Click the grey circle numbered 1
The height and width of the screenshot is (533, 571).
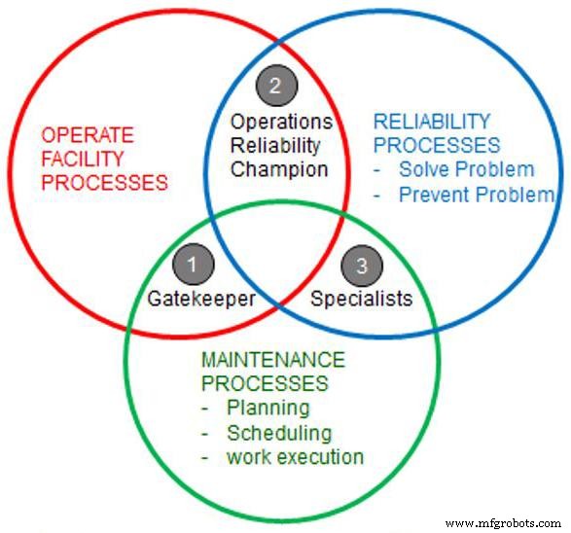[x=193, y=265]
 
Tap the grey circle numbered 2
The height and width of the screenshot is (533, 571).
[x=275, y=86]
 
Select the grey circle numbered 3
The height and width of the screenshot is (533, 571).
[x=362, y=265]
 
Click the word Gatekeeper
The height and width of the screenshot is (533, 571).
[x=201, y=299]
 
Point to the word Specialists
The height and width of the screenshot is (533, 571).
[x=361, y=299]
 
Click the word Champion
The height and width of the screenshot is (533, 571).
[x=279, y=169]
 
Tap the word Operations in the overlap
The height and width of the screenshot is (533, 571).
[x=281, y=123]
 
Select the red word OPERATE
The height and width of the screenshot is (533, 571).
[x=88, y=135]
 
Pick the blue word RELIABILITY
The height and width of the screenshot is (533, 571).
[x=432, y=123]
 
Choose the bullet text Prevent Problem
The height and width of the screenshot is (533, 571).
[x=476, y=194]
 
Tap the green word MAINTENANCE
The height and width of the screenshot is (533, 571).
[x=272, y=361]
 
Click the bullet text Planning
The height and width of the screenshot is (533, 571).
[x=268, y=409]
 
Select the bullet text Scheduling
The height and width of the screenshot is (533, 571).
[x=278, y=433]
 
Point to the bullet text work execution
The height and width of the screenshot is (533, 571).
[x=295, y=456]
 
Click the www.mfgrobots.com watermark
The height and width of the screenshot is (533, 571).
[x=500, y=522]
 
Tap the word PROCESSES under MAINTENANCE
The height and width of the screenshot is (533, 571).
[x=264, y=384]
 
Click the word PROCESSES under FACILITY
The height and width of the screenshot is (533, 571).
[x=104, y=182]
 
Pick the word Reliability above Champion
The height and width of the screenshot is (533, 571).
[x=275, y=146]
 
